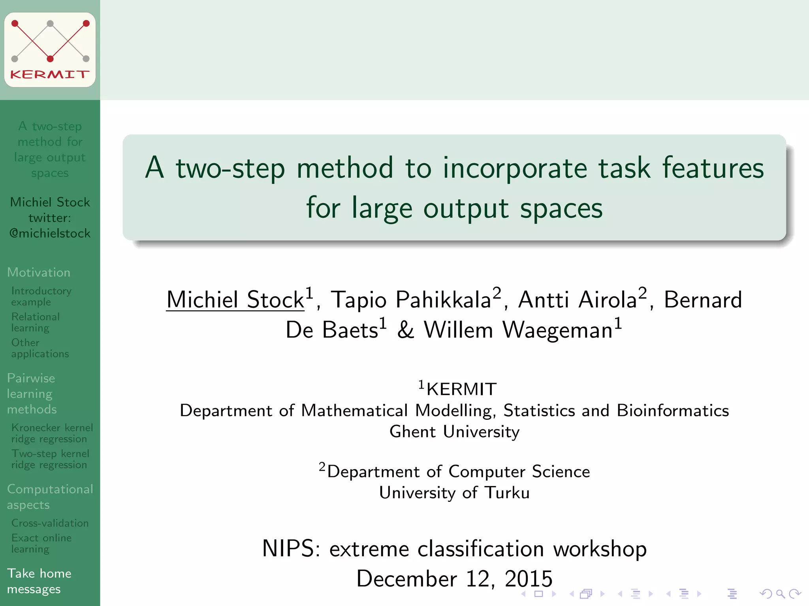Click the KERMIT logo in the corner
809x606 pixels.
[50, 50]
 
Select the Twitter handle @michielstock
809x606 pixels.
[50, 234]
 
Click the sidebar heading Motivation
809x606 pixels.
[39, 272]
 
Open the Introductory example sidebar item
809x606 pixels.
[41, 296]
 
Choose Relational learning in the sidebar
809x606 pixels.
[36, 322]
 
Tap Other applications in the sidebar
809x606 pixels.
[40, 348]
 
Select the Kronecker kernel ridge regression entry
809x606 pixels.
[52, 433]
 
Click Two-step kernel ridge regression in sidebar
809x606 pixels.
[50, 459]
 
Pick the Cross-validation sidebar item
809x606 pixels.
[50, 523]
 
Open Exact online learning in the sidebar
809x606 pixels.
[41, 543]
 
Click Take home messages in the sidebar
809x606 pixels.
[39, 581]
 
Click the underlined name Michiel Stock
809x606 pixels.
[235, 300]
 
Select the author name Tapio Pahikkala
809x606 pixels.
[411, 300]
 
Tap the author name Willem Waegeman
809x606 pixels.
[517, 330]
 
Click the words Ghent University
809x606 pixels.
[454, 432]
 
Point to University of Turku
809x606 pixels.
[454, 493]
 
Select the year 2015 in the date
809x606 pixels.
[528, 579]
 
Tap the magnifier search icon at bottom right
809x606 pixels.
[780, 593]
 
